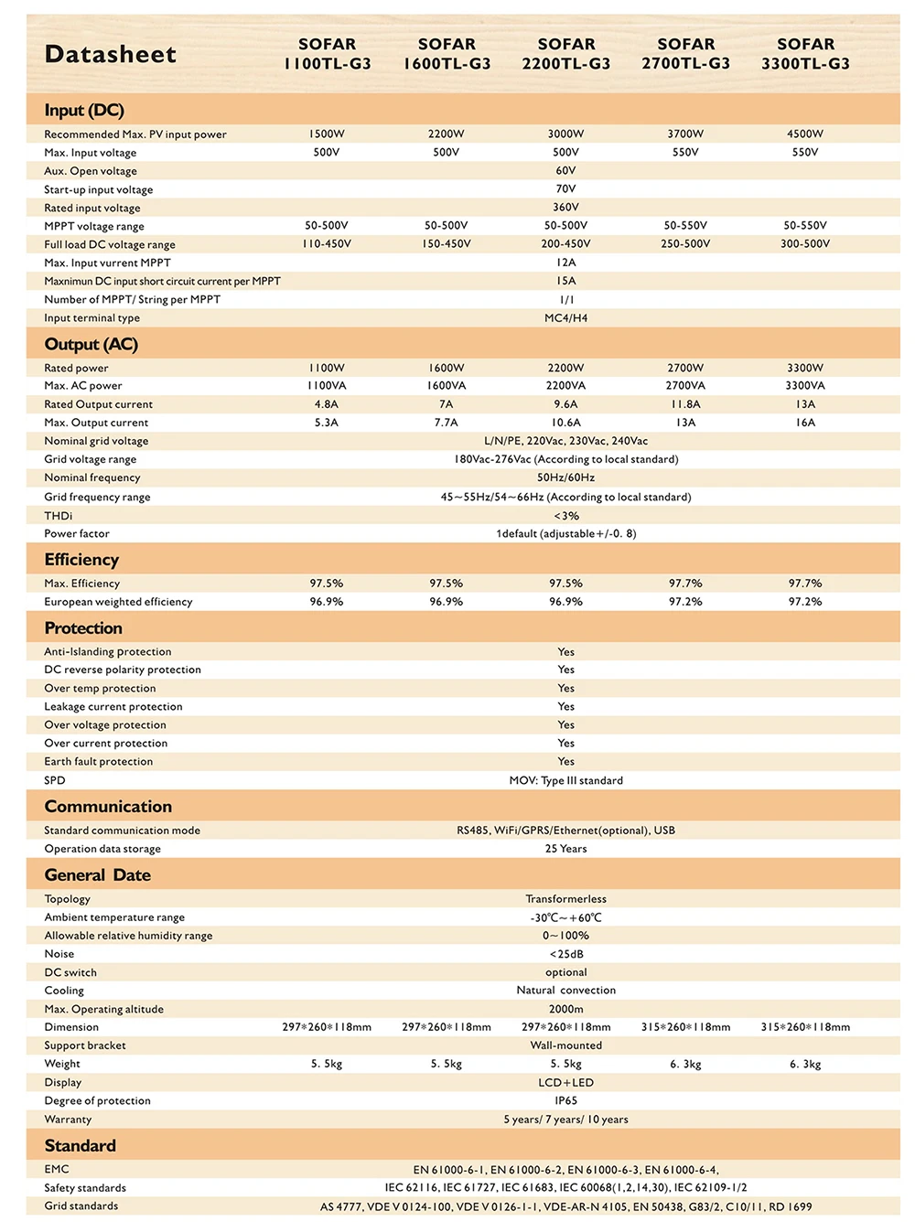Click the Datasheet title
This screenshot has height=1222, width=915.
pyautogui.click(x=110, y=55)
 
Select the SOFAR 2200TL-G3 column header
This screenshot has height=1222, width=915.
pyautogui.click(x=565, y=54)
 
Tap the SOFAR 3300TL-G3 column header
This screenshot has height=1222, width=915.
pyautogui.click(x=805, y=54)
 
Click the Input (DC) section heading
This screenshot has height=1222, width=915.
pyautogui.click(x=84, y=111)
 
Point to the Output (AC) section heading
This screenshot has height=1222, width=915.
pyautogui.click(x=91, y=345)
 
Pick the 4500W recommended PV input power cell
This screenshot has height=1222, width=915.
pyautogui.click(x=805, y=134)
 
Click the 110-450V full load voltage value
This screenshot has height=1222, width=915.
pyautogui.click(x=327, y=244)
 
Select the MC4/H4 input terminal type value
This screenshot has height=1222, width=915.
pyautogui.click(x=565, y=318)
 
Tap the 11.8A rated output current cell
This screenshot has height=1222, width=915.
pyautogui.click(x=685, y=404)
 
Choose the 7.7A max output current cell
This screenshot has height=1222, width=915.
pyautogui.click(x=446, y=423)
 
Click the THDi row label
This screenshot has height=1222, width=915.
pyautogui.click(x=58, y=516)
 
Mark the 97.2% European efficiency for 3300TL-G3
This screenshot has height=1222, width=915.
pyautogui.click(x=805, y=602)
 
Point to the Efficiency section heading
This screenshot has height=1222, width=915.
pyautogui.click(x=81, y=560)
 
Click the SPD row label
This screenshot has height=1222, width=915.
pyautogui.click(x=55, y=780)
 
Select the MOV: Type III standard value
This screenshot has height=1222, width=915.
pyautogui.click(x=565, y=780)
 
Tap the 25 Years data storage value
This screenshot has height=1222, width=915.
pyautogui.click(x=565, y=849)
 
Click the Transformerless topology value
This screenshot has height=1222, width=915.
pyautogui.click(x=565, y=899)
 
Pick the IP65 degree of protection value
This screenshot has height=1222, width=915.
pyautogui.click(x=565, y=1100)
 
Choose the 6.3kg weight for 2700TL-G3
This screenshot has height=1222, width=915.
pyautogui.click(x=685, y=1064)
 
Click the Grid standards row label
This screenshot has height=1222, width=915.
pyautogui.click(x=81, y=1206)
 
